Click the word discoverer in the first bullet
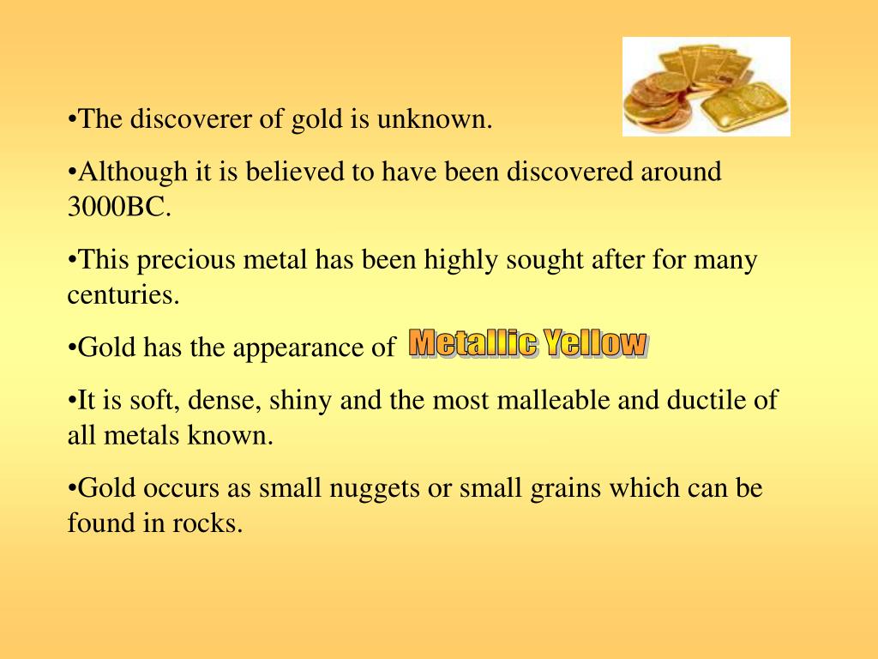(191, 119)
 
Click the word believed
(298, 172)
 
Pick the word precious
(181, 259)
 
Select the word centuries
(123, 296)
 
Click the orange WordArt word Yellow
(598, 344)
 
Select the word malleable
(483, 400)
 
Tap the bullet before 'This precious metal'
(72, 259)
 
